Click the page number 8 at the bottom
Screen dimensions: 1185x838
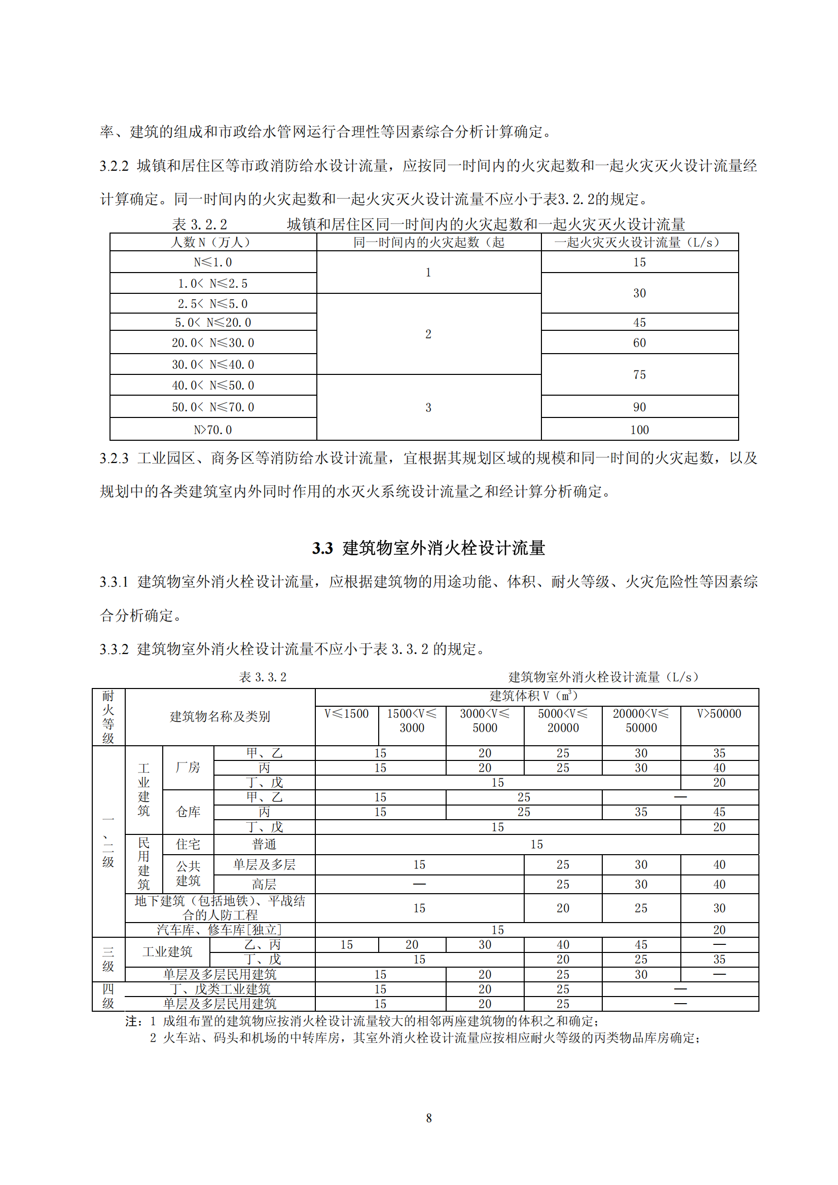[x=428, y=1118]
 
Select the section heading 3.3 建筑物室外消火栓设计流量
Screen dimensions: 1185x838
[x=428, y=548]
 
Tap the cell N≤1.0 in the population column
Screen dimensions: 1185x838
[x=213, y=262]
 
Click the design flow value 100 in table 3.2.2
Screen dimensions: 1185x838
[x=639, y=430]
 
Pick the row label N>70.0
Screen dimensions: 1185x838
[x=213, y=430]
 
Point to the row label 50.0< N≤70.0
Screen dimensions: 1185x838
[x=213, y=407]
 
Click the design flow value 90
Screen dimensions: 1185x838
[x=639, y=407]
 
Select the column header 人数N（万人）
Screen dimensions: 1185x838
[x=213, y=242]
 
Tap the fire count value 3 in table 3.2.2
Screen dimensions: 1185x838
[x=428, y=407]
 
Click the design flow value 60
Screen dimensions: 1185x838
[x=639, y=342]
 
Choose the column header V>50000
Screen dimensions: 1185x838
[x=719, y=714]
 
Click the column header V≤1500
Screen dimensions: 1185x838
[x=346, y=714]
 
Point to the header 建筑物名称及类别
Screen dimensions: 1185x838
[x=220, y=716]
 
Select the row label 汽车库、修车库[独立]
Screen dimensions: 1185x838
[x=220, y=930]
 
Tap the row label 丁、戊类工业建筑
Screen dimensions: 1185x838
[x=220, y=989]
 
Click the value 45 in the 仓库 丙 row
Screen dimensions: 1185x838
[x=719, y=812]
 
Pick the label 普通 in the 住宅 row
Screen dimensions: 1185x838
[x=264, y=845]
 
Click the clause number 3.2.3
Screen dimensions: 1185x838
[x=114, y=458]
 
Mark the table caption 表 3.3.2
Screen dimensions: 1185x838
[x=262, y=677]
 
